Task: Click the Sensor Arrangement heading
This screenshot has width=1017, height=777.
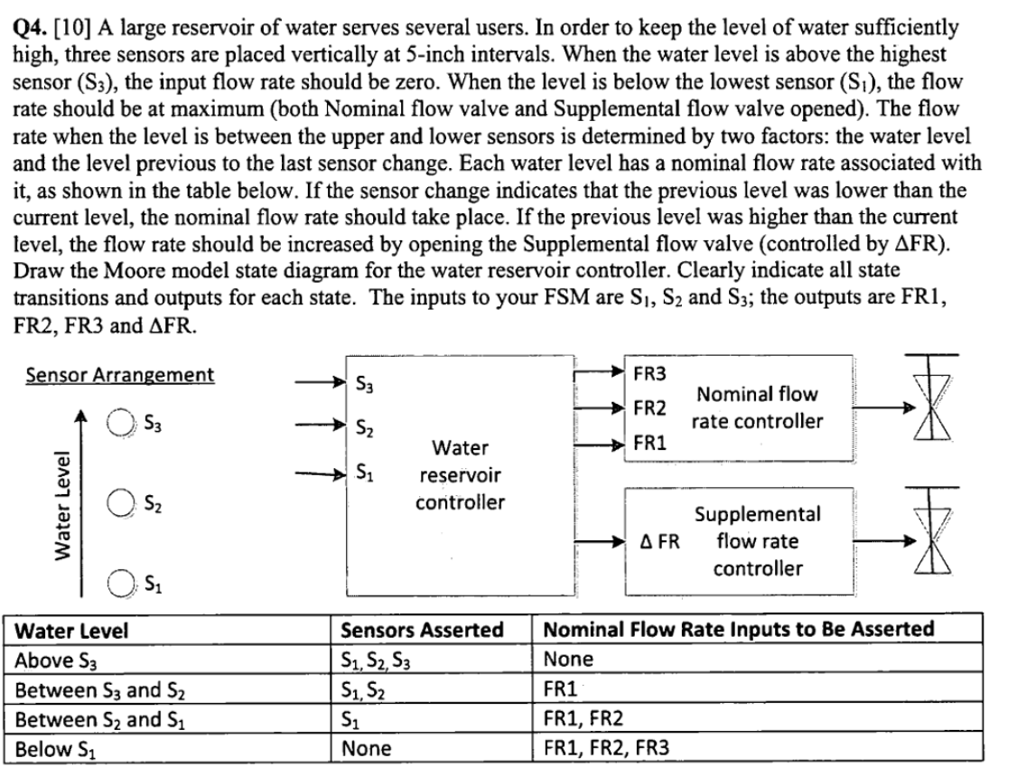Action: pyautogui.click(x=120, y=375)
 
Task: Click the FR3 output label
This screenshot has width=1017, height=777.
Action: pyautogui.click(x=650, y=373)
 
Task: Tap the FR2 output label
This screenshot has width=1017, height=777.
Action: pyautogui.click(x=650, y=408)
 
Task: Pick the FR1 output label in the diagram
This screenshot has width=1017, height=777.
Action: pyautogui.click(x=650, y=443)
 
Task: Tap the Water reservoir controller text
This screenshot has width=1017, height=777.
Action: pyautogui.click(x=461, y=475)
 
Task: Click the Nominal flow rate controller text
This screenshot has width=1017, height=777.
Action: pyautogui.click(x=757, y=407)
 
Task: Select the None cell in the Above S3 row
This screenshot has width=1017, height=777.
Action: pyautogui.click(x=567, y=660)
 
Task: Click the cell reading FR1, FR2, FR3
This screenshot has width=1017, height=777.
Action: pyautogui.click(x=606, y=748)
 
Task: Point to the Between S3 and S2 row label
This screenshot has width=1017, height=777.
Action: pyautogui.click(x=98, y=689)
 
